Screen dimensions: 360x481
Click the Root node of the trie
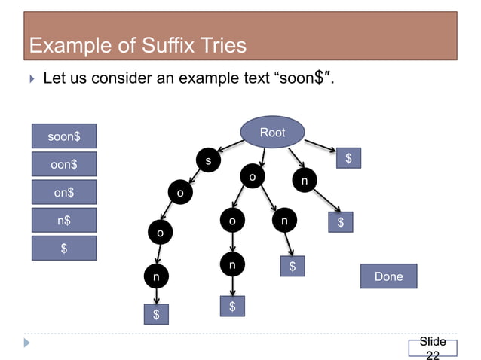coord(272,133)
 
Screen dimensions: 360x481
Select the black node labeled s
coord(208,160)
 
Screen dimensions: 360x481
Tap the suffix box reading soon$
coord(64,137)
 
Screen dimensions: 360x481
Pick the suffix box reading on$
coord(64,192)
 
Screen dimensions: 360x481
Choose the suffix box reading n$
coord(64,221)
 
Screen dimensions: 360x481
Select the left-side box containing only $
coord(64,249)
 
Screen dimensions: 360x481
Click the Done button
coord(388,276)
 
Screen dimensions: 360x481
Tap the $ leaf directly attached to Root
coord(348,158)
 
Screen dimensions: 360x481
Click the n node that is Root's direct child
coord(304,182)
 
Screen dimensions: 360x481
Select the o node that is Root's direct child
coord(253,177)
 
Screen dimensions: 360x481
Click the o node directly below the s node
coord(179,194)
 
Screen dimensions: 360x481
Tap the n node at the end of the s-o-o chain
coord(156,277)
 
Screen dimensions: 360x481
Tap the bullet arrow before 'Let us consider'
coord(30,78)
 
